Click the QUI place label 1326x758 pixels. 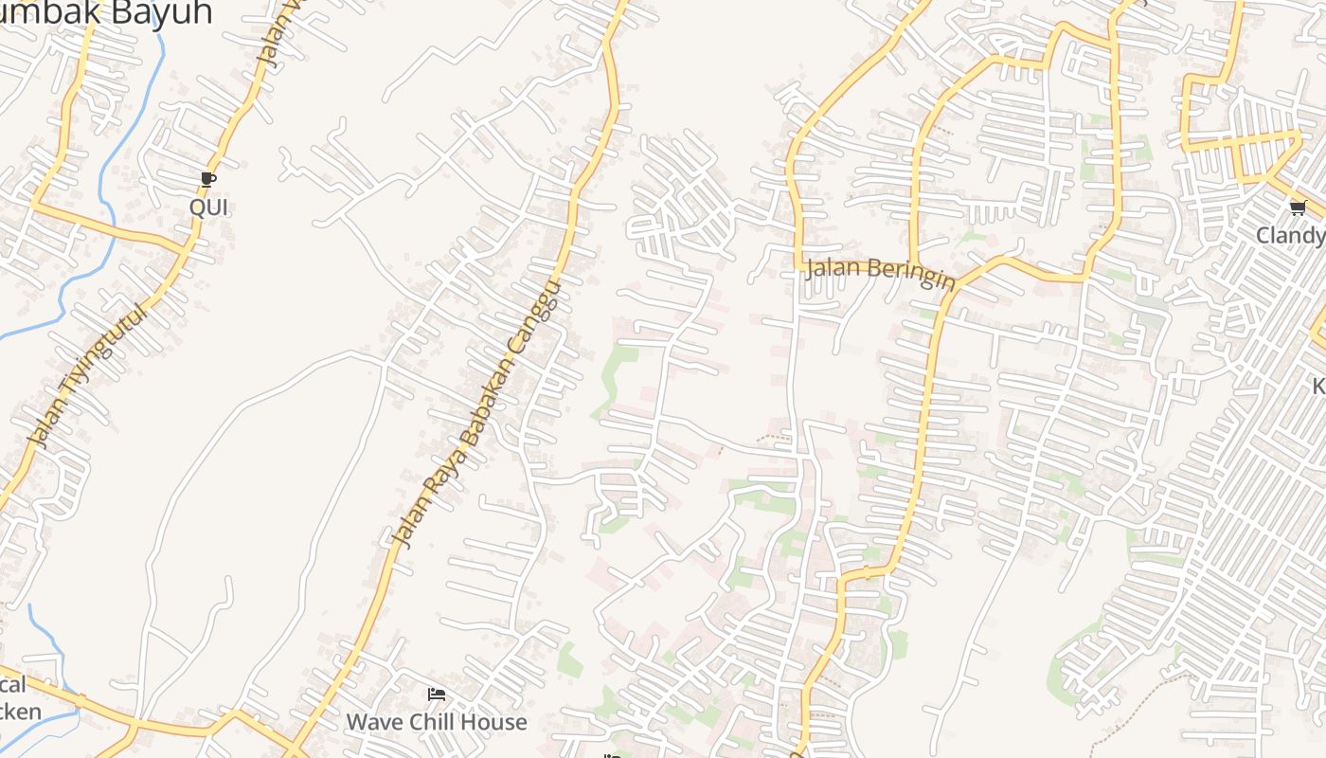pos(208,207)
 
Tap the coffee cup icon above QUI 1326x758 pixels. pos(208,179)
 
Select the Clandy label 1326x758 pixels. pos(1290,235)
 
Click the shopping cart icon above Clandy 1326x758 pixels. pos(1297,208)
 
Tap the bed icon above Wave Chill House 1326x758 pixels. pos(436,695)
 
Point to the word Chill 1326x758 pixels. pos(432,722)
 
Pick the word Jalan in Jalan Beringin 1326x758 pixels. pos(831,268)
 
